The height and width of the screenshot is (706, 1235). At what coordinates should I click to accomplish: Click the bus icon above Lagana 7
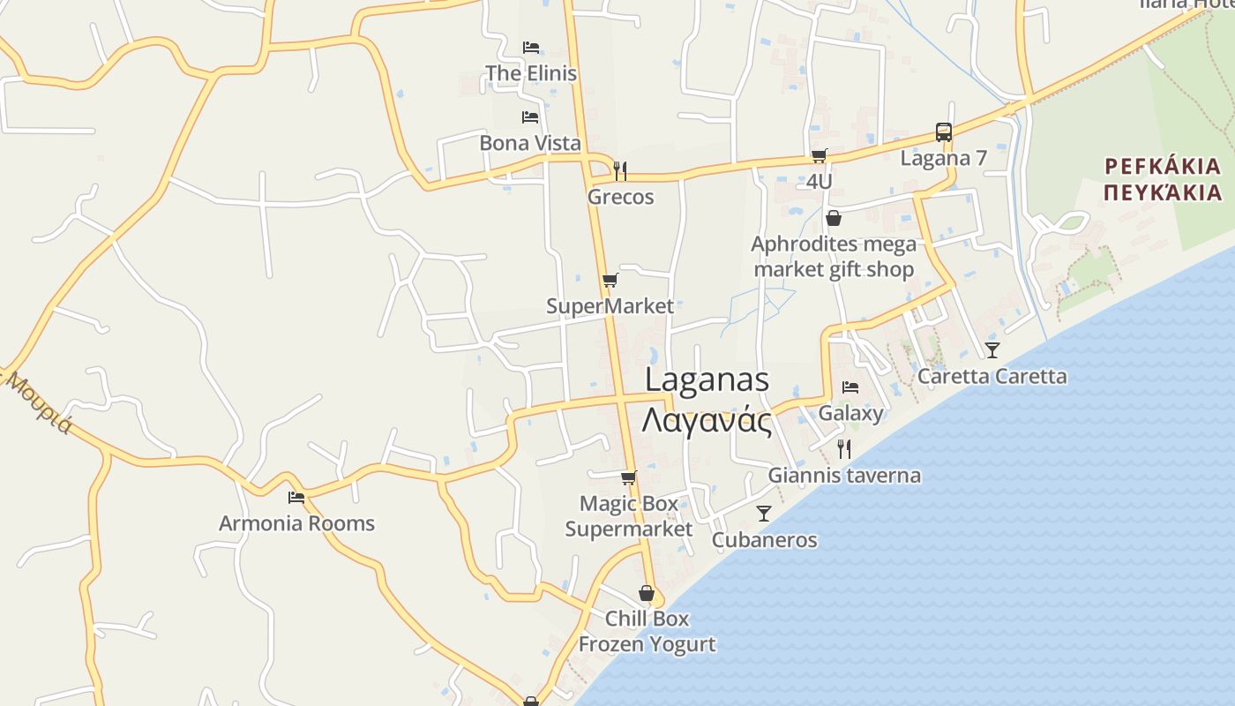[x=944, y=132]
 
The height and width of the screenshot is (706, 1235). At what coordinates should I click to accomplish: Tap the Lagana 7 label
[x=943, y=158]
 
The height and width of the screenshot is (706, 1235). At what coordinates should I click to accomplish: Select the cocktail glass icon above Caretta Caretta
[x=992, y=350]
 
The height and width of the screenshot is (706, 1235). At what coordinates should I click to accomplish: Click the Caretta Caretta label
[x=992, y=377]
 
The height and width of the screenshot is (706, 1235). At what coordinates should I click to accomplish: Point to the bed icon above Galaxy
[x=850, y=387]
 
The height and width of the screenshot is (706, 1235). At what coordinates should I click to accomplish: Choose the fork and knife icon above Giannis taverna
[x=844, y=448]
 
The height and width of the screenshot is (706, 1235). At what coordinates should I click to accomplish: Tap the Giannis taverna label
[x=844, y=476]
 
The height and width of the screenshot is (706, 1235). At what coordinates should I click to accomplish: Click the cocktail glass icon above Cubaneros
[x=764, y=513]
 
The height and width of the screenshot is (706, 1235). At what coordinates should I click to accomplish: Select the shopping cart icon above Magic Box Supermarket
[x=629, y=478]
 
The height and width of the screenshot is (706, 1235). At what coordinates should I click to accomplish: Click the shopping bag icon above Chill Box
[x=647, y=593]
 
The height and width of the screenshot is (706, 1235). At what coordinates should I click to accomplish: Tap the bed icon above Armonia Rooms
[x=296, y=498]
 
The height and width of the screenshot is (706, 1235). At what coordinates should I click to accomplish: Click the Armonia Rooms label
[x=296, y=523]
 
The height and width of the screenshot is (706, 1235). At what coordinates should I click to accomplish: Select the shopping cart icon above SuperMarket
[x=610, y=281]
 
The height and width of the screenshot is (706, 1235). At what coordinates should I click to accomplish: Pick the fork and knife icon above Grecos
[x=620, y=170]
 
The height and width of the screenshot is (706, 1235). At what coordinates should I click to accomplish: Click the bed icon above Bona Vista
[x=530, y=116]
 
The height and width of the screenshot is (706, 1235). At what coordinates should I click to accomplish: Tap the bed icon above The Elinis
[x=531, y=47]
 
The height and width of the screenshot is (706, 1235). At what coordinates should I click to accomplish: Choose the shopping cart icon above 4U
[x=820, y=156]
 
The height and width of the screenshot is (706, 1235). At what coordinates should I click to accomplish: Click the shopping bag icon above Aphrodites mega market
[x=834, y=218]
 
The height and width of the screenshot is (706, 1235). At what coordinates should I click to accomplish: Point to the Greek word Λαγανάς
[x=707, y=420]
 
